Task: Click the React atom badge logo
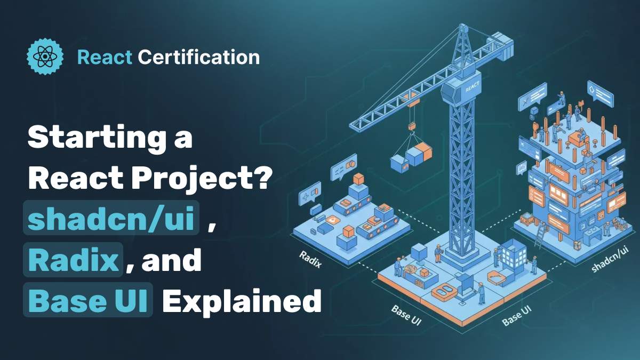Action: click(x=45, y=57)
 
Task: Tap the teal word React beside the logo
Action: click(x=105, y=57)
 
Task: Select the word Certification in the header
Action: click(x=199, y=57)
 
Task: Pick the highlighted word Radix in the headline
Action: click(x=73, y=260)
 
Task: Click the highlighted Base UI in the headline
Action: click(x=88, y=300)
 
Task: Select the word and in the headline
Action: click(x=172, y=260)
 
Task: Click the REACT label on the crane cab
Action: click(x=472, y=87)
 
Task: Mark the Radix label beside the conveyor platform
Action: click(x=310, y=259)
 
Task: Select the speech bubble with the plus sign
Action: click(x=309, y=194)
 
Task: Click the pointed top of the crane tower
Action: click(x=463, y=26)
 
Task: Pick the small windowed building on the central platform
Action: click(x=514, y=255)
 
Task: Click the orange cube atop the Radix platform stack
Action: click(x=358, y=179)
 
